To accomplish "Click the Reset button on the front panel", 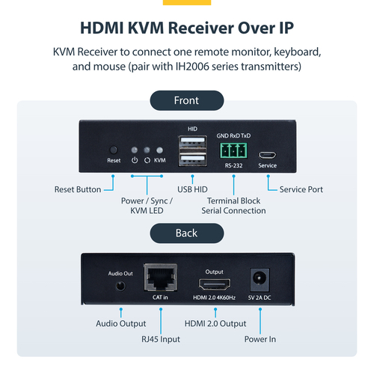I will coord(114,149).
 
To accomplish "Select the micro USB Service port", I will coord(268,156).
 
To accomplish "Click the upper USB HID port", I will coord(190,144).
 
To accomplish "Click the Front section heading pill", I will coord(186,100).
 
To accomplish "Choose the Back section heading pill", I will coord(186,233).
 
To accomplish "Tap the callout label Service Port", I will coord(301,189).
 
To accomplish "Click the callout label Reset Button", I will coord(78,189).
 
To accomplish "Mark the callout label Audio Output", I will coord(120,323).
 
